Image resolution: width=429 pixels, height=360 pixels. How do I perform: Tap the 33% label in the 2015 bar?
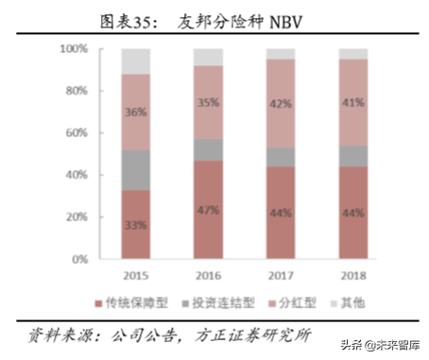click(x=135, y=225)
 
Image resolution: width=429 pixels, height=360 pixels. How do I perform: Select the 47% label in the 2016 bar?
click(x=208, y=210)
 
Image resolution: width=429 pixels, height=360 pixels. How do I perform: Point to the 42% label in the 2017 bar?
click(x=281, y=105)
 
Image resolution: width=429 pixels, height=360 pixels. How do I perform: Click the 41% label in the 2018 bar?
click(x=353, y=102)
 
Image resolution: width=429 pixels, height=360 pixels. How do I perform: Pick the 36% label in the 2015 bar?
click(x=135, y=111)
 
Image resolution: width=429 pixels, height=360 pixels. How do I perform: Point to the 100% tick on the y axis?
click(x=75, y=47)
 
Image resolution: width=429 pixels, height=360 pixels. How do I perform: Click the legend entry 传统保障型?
click(x=141, y=301)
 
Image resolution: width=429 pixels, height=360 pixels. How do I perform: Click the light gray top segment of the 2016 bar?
click(x=208, y=56)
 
